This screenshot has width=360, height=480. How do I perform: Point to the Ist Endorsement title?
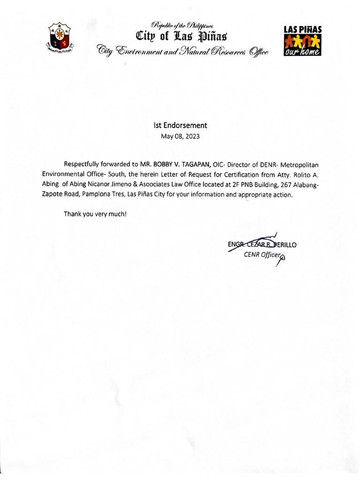(x=180, y=126)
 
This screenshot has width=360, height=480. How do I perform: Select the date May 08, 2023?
(x=180, y=136)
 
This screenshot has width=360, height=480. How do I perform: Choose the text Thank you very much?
(x=95, y=214)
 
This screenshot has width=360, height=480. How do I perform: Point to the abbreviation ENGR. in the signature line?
(x=236, y=245)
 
